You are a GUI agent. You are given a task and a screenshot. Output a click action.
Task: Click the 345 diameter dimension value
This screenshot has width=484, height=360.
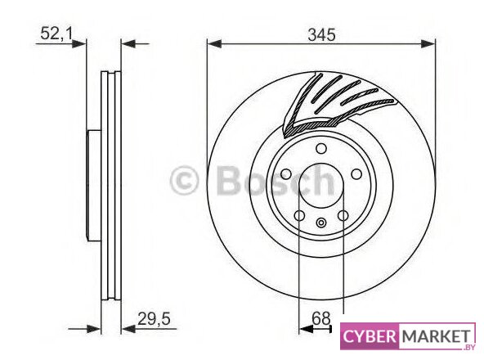click(x=321, y=34)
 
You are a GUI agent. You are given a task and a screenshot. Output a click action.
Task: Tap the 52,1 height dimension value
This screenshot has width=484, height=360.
click(x=56, y=34)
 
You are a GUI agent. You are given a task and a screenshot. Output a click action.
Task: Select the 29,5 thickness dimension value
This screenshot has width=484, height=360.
click(x=154, y=318)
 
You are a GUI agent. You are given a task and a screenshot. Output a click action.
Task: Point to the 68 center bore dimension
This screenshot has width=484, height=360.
click(x=321, y=318)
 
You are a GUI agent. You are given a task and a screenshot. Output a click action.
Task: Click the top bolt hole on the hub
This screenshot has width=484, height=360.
click(x=321, y=149)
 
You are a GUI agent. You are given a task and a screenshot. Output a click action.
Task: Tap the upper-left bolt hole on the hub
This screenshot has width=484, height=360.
click(x=286, y=174)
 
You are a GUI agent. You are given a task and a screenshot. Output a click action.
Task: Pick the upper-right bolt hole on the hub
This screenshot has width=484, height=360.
click(x=356, y=174)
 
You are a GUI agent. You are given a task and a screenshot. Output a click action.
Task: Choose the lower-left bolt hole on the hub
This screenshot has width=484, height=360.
click(x=299, y=215)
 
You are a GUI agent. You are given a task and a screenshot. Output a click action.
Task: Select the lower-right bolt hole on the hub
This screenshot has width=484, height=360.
click(x=343, y=215)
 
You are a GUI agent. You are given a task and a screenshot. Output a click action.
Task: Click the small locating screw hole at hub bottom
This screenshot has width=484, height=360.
click(x=321, y=222)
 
